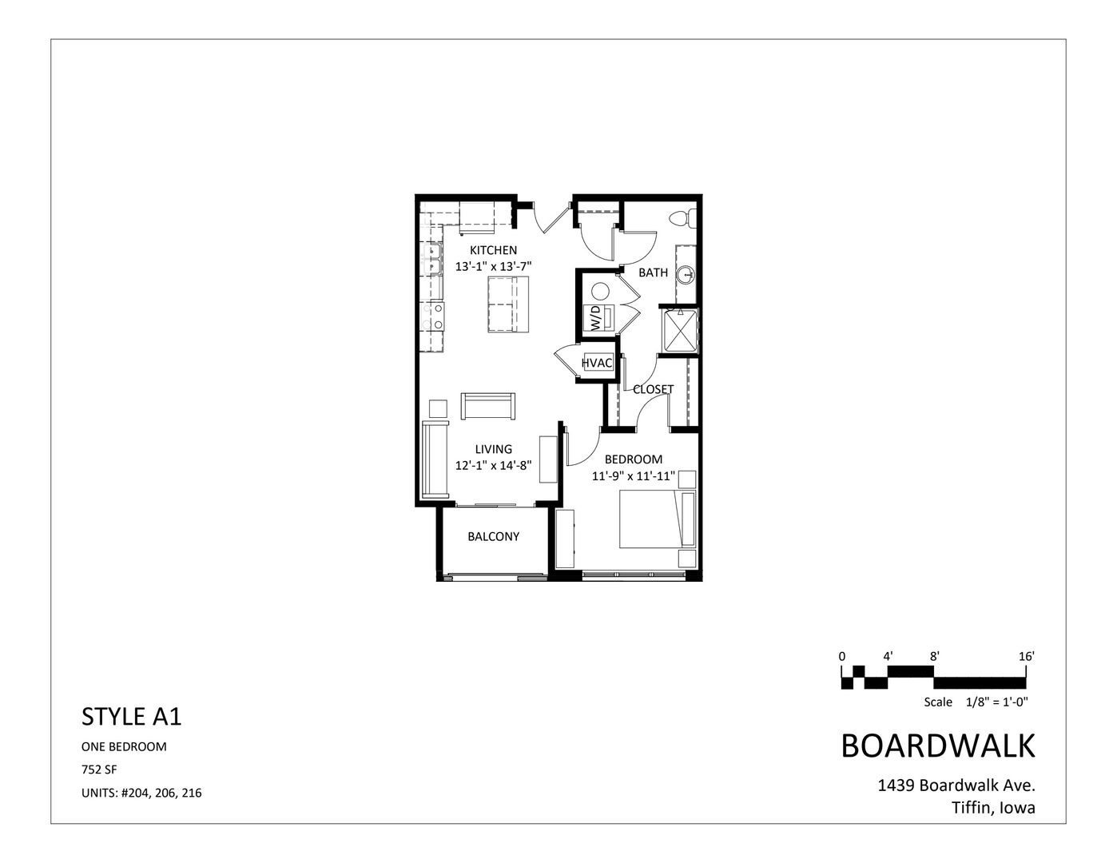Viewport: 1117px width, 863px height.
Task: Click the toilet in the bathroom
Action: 681,216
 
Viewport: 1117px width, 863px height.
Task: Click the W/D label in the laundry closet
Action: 595,318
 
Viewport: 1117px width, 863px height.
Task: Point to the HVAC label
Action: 597,364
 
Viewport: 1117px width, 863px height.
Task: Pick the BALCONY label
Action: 493,536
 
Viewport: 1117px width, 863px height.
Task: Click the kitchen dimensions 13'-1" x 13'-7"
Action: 493,267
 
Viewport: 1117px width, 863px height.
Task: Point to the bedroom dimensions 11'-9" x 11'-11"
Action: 634,476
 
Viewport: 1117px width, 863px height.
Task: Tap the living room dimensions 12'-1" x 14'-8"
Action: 493,465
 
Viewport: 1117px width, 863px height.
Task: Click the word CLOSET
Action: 653,390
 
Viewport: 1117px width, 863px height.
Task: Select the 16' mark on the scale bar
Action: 1027,656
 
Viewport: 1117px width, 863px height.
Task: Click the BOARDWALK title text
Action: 938,746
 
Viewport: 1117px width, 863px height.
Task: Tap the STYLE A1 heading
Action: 132,717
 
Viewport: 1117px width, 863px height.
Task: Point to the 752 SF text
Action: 99,770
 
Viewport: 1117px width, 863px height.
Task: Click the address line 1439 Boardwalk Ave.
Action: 956,785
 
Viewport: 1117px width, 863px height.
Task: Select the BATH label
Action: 653,272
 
